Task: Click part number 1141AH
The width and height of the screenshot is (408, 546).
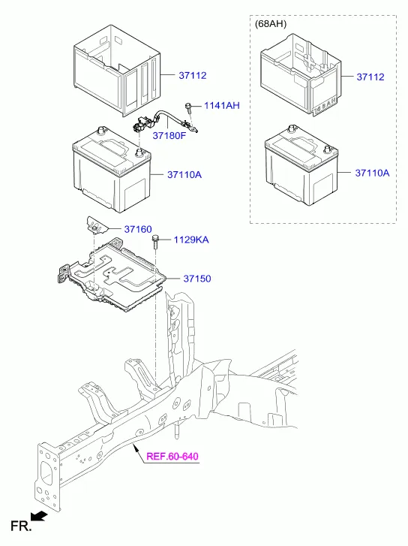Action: (x=222, y=105)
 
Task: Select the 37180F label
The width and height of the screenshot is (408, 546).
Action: (x=169, y=135)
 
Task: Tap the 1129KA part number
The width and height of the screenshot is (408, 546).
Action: (x=191, y=240)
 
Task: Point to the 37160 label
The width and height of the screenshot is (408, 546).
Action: (x=138, y=229)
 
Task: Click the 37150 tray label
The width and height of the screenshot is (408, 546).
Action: (x=197, y=279)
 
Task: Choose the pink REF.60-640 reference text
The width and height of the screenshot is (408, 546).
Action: (x=172, y=456)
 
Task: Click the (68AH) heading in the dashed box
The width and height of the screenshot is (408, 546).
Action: (x=271, y=24)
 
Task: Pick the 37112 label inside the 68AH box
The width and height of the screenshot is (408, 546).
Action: (x=370, y=77)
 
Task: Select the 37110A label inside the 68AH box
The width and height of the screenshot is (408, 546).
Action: (x=372, y=173)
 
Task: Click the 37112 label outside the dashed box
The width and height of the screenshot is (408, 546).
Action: (x=193, y=75)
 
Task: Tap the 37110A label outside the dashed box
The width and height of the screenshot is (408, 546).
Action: (x=184, y=174)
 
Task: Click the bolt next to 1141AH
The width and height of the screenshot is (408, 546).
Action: (x=188, y=107)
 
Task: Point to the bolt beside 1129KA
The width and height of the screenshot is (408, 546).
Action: (x=155, y=242)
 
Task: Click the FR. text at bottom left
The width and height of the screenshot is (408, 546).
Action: (x=21, y=526)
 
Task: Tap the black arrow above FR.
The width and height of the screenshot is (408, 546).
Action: (x=38, y=516)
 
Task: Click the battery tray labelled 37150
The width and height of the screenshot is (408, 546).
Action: (x=111, y=275)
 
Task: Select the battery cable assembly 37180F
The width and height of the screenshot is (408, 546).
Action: (x=164, y=122)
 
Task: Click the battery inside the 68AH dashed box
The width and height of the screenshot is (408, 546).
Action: (x=301, y=165)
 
